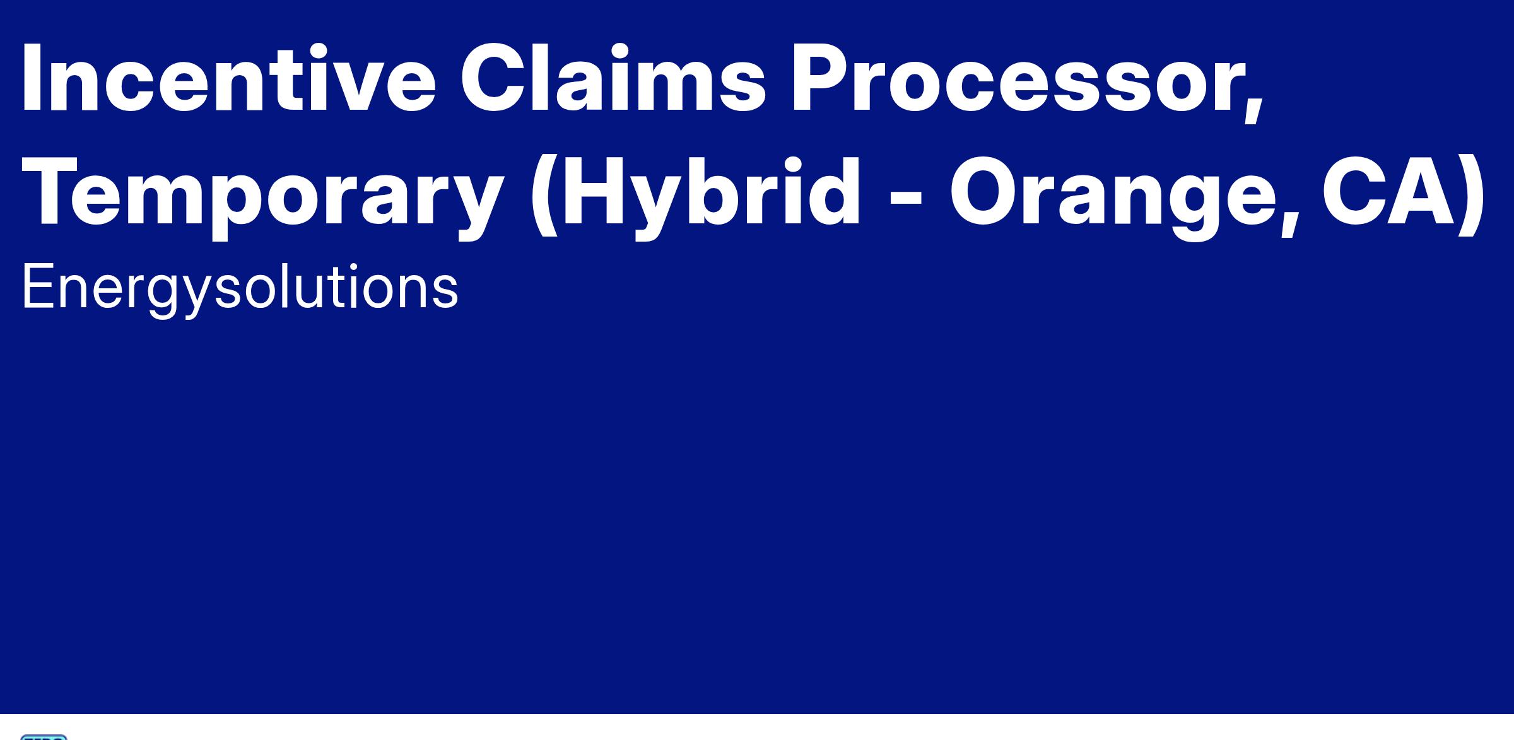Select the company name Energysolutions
point(240,287)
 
